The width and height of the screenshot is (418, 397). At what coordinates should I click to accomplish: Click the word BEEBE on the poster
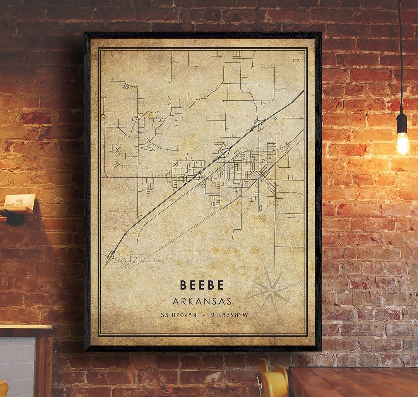pyautogui.click(x=202, y=285)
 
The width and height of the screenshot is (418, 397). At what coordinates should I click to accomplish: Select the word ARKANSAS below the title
pyautogui.click(x=202, y=301)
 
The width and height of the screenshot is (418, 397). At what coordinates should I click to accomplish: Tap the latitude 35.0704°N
pyautogui.click(x=178, y=315)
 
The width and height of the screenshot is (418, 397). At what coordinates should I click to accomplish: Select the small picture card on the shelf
pyautogui.click(x=19, y=201)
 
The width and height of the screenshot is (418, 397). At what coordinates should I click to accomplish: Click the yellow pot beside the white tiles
pyautogui.click(x=3, y=389)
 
